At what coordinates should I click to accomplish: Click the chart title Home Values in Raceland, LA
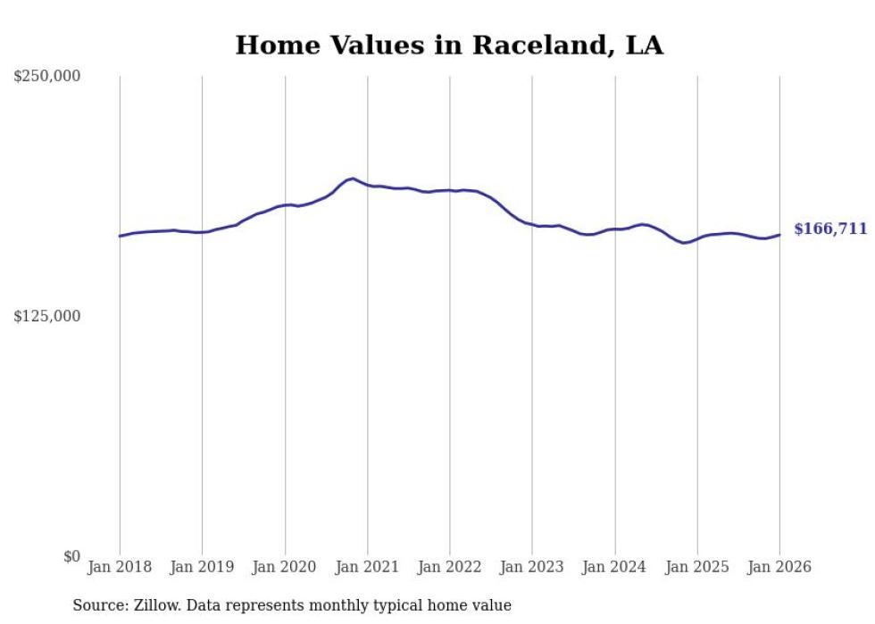point(449,46)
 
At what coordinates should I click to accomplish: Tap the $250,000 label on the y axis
point(46,77)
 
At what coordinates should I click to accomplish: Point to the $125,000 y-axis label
point(46,316)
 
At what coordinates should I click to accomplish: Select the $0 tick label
point(71,556)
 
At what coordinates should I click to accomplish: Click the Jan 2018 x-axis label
point(120,567)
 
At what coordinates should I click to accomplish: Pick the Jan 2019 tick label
point(202,567)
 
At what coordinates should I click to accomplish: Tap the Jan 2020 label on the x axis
point(285,567)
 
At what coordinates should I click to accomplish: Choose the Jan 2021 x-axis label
point(367,567)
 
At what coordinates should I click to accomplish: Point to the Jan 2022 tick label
point(449,567)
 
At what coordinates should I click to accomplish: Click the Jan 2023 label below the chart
point(532,567)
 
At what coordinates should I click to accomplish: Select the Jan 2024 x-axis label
point(614,567)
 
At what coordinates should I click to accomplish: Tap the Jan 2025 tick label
point(696,567)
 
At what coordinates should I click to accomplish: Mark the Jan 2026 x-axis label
point(779,567)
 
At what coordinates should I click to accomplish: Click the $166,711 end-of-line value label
point(829,229)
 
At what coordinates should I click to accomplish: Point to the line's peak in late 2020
point(353,179)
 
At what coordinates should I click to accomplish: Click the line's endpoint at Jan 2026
point(779,235)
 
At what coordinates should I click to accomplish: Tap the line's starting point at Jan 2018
point(120,236)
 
